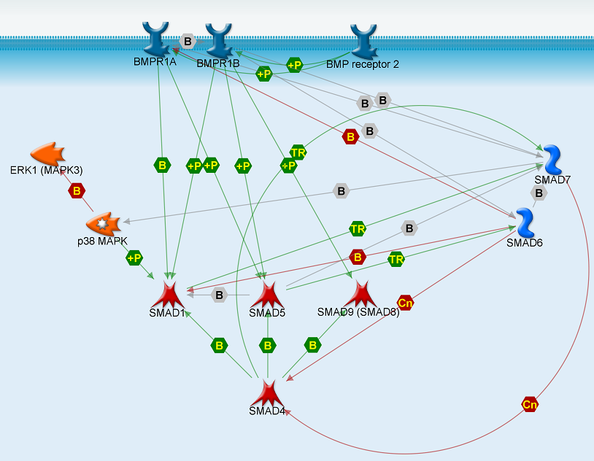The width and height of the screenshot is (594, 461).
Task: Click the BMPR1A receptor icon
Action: pyautogui.click(x=157, y=38)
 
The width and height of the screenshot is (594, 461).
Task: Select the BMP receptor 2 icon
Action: pyautogui.click(x=363, y=41)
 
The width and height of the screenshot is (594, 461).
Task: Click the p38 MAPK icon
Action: pyautogui.click(x=102, y=222)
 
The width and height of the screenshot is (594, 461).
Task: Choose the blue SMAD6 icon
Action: pyautogui.click(x=525, y=222)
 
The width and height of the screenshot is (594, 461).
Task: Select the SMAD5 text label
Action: pyautogui.click(x=266, y=314)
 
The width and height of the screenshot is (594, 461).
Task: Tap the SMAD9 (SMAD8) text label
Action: pyautogui.click(x=358, y=312)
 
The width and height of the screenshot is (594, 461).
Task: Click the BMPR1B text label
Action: pyautogui.click(x=217, y=64)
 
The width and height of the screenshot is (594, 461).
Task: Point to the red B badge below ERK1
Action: pyautogui.click(x=76, y=191)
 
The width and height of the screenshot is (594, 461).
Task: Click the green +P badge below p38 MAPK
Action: pyautogui.click(x=134, y=257)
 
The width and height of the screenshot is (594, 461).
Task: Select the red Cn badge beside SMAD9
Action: pyautogui.click(x=405, y=302)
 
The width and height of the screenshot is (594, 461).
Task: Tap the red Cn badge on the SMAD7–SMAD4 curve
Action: pyautogui.click(x=530, y=403)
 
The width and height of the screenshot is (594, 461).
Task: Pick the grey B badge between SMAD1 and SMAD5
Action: pyautogui.click(x=218, y=295)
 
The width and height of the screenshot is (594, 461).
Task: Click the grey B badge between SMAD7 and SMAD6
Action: pyautogui.click(x=539, y=193)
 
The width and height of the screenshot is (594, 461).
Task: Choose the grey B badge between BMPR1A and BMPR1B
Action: pyautogui.click(x=188, y=42)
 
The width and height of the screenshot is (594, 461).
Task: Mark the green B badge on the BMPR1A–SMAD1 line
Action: pyautogui.click(x=162, y=166)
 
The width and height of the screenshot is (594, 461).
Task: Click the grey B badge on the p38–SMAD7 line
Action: pyautogui.click(x=341, y=191)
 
